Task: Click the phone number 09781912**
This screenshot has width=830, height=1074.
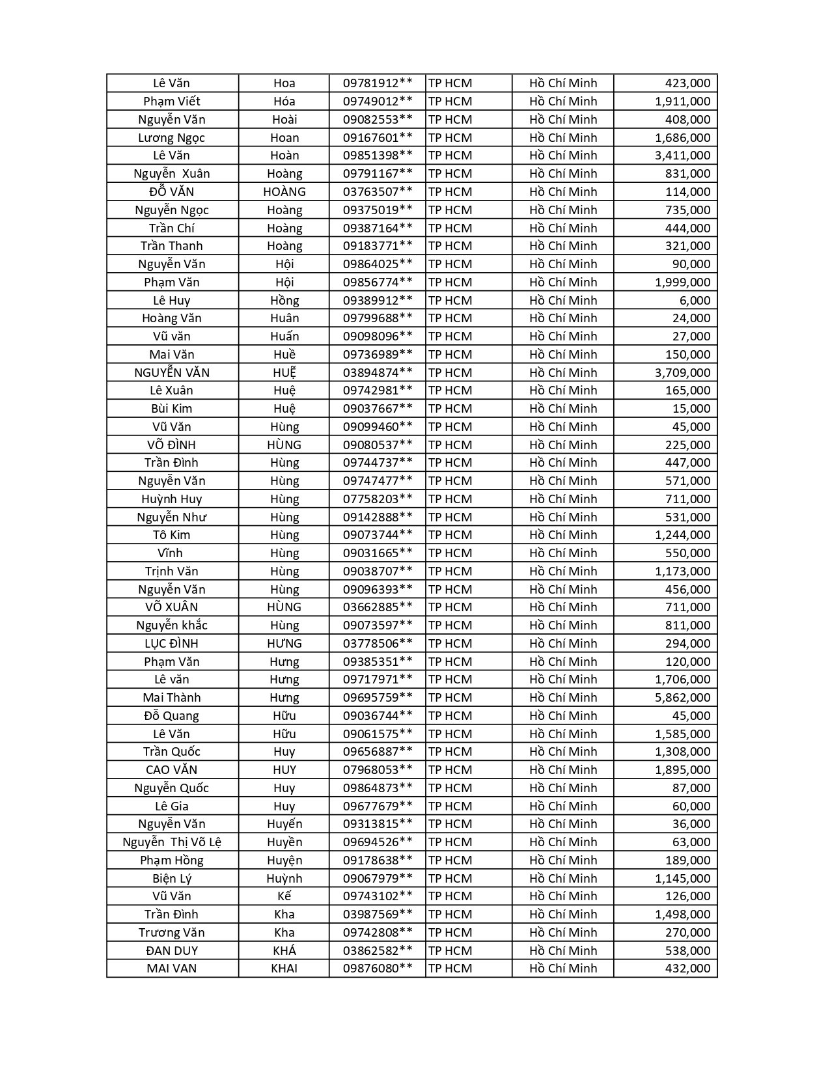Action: click(x=378, y=83)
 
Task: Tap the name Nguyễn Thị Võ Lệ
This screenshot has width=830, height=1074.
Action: click(x=172, y=842)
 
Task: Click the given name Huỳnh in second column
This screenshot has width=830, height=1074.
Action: click(x=284, y=878)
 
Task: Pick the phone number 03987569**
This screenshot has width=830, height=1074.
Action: click(x=378, y=915)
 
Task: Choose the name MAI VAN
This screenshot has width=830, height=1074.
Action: click(x=172, y=969)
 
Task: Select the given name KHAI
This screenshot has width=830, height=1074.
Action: click(x=284, y=969)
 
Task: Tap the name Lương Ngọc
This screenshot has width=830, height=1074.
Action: click(x=172, y=138)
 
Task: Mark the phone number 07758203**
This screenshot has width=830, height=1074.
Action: click(x=378, y=499)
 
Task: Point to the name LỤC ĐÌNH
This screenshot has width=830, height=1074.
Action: click(x=172, y=644)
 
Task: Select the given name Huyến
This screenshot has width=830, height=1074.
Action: click(x=284, y=824)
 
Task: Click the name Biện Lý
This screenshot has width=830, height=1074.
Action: click(x=172, y=878)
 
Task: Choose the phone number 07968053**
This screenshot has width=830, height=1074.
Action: click(x=378, y=770)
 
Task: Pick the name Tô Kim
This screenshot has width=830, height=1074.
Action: click(x=172, y=535)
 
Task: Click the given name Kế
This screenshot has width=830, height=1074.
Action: click(x=284, y=896)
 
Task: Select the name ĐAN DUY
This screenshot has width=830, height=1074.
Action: click(x=172, y=950)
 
